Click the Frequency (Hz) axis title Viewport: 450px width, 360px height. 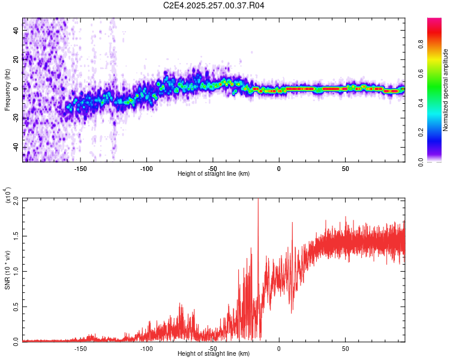8,90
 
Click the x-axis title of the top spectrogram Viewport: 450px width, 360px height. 214,173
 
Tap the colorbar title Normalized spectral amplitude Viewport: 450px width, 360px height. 446,90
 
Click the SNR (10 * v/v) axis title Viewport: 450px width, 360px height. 8,270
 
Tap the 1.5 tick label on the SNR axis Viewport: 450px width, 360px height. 16,235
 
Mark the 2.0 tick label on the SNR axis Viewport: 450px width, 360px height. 16,199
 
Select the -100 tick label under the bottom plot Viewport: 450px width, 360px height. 146,348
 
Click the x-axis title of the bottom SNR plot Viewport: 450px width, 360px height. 214,354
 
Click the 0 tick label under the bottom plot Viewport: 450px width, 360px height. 279,348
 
